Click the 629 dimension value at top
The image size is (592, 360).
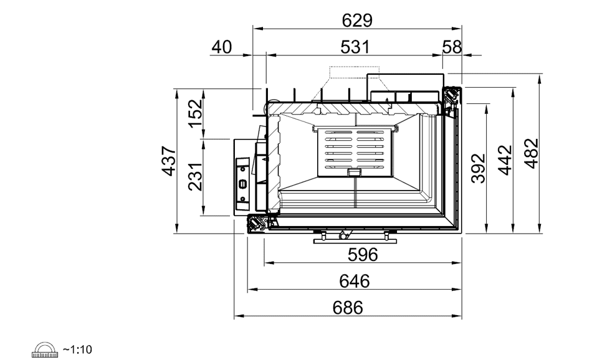(x=357, y=21)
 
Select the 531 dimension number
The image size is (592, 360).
(x=355, y=47)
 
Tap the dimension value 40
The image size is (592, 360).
(x=222, y=47)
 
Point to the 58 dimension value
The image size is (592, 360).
(x=452, y=47)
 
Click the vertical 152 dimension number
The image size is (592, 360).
(x=195, y=113)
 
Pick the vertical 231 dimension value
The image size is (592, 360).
(x=195, y=177)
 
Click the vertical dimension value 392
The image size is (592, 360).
(x=478, y=168)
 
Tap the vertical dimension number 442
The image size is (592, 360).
(x=505, y=160)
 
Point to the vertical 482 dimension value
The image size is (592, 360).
(x=532, y=154)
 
